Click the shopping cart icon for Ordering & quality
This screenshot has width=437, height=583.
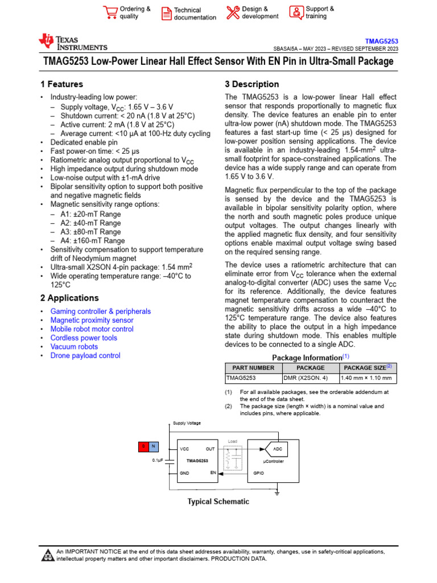[x=110, y=13]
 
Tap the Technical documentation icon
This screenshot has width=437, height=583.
[x=166, y=14]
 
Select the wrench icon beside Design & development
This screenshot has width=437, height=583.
[x=233, y=13]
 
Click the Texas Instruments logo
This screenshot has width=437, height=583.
[x=72, y=42]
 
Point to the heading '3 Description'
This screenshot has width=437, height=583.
[x=252, y=84]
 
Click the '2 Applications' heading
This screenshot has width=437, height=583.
[x=69, y=298]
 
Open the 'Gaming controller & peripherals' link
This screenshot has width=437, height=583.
[x=101, y=311]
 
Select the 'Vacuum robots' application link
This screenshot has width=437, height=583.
[x=74, y=347]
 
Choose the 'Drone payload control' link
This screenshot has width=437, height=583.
[x=85, y=355]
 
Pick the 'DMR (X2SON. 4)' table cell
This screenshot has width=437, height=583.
[x=306, y=377]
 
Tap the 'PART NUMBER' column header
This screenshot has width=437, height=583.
[x=253, y=368]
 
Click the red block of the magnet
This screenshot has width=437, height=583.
[x=145, y=446]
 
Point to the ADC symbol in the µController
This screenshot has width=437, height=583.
[x=277, y=449]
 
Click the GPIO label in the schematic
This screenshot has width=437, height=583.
[x=258, y=473]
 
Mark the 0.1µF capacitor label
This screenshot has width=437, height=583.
[x=158, y=459]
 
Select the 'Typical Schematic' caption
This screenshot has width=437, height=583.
[x=218, y=502]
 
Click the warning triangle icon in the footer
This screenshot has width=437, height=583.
[x=48, y=555]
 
